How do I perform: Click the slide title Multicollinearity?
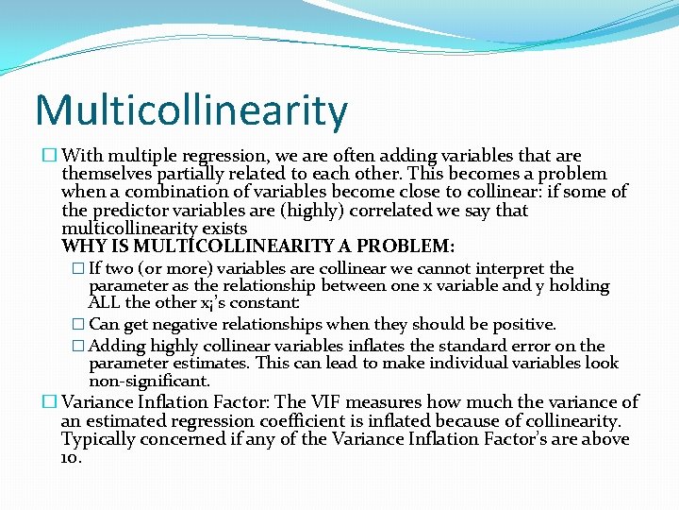pos(191,110)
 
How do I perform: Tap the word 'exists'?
pos(225,229)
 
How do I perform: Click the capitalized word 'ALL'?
pos(105,304)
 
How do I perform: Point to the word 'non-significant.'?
pos(149,382)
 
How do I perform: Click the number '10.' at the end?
pos(72,457)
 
